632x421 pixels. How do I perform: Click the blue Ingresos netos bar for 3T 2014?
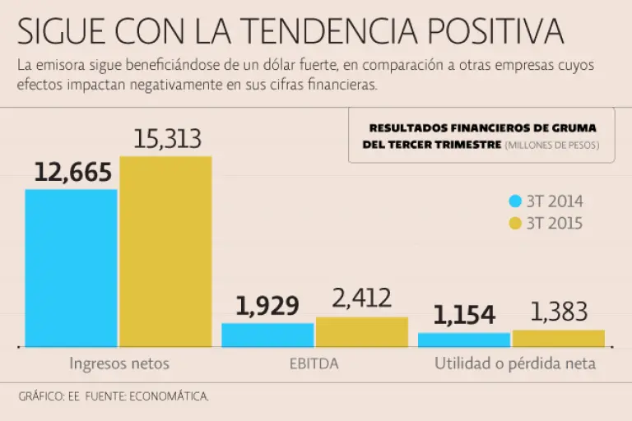tap(71, 267)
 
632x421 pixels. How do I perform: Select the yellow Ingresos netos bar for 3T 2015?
tap(165, 251)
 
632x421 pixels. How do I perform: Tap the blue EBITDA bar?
tap(267, 335)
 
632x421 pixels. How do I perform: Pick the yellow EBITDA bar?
tap(362, 331)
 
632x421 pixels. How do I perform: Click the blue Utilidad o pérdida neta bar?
tap(464, 340)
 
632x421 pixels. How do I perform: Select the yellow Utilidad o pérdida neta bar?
tap(559, 338)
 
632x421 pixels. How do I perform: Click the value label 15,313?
tap(167, 139)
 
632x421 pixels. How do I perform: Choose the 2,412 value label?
tap(362, 298)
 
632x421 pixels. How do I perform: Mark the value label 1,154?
tap(464, 315)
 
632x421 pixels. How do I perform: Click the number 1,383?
tap(559, 312)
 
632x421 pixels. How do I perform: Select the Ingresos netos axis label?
tap(118, 363)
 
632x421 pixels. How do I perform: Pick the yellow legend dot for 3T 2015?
tap(516, 223)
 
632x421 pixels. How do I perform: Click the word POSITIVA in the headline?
tap(496, 31)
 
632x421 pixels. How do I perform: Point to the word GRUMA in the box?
tap(576, 127)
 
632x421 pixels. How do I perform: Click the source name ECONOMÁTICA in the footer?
tap(168, 396)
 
